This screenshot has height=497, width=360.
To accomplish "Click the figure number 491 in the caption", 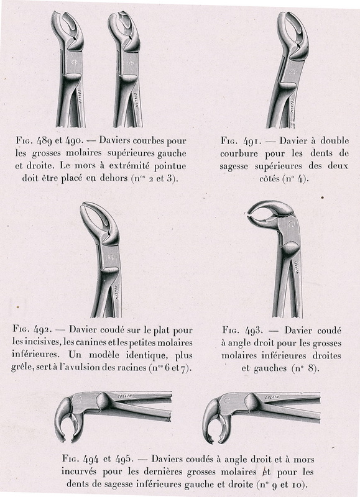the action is pyautogui.click(x=251, y=141).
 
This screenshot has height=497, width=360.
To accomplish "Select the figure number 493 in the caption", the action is pyautogui.click(x=254, y=331).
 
